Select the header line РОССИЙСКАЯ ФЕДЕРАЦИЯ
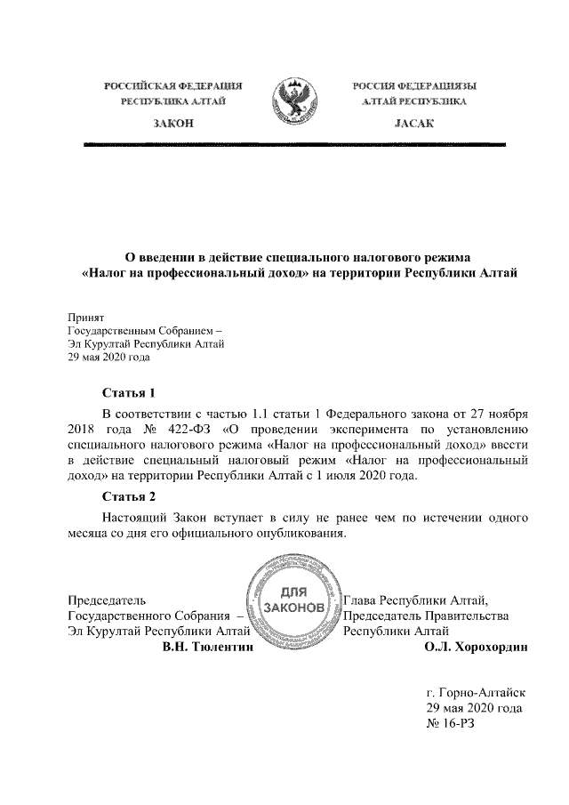pyautogui.click(x=173, y=85)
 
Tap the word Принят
pyautogui.click(x=86, y=316)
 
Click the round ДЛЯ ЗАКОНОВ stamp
pyautogui.click(x=287, y=599)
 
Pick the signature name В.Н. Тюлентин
pyautogui.click(x=207, y=648)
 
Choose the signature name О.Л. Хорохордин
pyautogui.click(x=477, y=648)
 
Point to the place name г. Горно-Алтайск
pyautogui.click(x=477, y=691)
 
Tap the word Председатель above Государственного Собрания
pyautogui.click(x=107, y=600)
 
